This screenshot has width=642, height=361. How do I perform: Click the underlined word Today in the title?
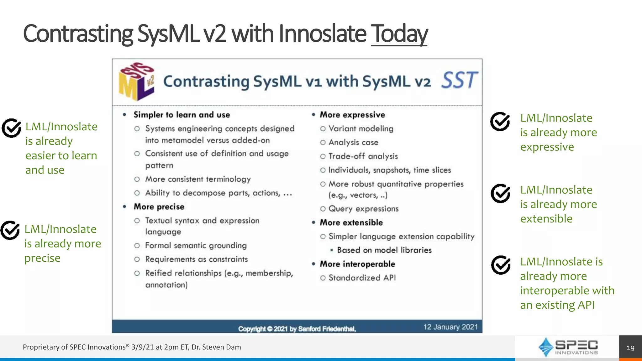pyautogui.click(x=399, y=34)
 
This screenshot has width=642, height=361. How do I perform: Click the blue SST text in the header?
pyautogui.click(x=459, y=80)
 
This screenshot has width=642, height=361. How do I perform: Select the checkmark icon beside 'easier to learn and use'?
pyautogui.click(x=11, y=128)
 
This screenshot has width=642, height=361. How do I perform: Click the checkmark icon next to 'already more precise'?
pyautogui.click(x=10, y=230)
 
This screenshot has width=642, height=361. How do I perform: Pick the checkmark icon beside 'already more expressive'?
pyautogui.click(x=500, y=121)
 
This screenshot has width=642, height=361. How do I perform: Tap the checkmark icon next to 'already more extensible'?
pyautogui.click(x=501, y=193)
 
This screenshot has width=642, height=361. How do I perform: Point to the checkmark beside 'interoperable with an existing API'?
pyautogui.click(x=501, y=265)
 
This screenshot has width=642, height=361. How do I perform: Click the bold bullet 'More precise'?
pyautogui.click(x=159, y=207)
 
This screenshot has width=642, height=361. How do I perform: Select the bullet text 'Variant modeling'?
pyautogui.click(x=360, y=129)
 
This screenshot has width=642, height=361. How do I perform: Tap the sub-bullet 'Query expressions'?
pyautogui.click(x=363, y=209)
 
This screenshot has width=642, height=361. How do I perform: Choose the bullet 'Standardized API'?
pyautogui.click(x=362, y=278)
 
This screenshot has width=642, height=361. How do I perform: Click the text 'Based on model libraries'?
pyautogui.click(x=384, y=250)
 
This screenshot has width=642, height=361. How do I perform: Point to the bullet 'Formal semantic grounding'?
pyautogui.click(x=196, y=245)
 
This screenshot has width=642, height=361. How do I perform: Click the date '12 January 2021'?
pyautogui.click(x=450, y=327)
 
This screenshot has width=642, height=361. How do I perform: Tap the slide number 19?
pyautogui.click(x=630, y=348)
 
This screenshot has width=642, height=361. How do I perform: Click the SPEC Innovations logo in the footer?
pyautogui.click(x=568, y=347)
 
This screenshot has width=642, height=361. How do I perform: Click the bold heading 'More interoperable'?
pyautogui.click(x=357, y=264)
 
